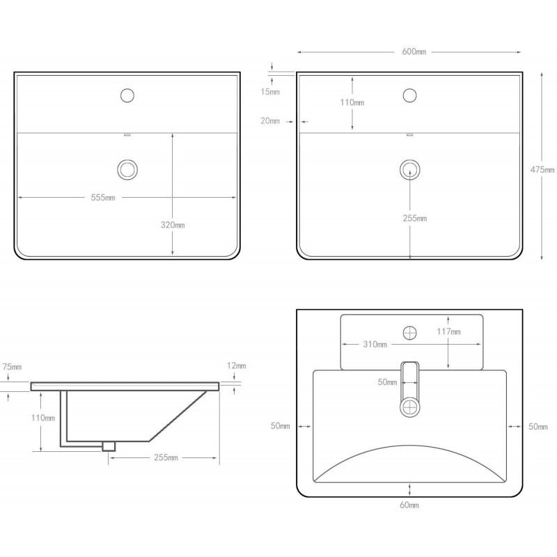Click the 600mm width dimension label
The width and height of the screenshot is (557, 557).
point(414,52)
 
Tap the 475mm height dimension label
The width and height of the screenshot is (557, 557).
point(542,170)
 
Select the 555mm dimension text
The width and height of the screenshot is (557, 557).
point(103,198)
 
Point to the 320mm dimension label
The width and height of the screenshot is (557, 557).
point(173,225)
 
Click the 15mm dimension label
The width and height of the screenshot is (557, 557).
point(270,92)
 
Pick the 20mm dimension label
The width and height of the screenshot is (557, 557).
point(270,121)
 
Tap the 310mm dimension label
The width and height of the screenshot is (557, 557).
point(375,344)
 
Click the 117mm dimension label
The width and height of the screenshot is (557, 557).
point(448,332)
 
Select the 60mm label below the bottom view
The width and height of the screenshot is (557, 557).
point(409,505)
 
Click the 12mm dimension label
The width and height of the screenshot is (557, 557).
point(237,366)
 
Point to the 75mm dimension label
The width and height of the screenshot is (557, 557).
point(12,367)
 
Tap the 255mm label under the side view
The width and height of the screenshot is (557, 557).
point(166,457)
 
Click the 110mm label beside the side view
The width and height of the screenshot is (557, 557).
point(43,418)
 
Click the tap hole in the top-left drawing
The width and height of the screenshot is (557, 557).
point(127,95)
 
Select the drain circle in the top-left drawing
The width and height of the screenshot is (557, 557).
point(127,169)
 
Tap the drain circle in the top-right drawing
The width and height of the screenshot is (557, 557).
point(410,169)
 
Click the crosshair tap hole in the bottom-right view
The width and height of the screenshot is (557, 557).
point(410,333)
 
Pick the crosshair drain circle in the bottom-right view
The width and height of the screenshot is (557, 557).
point(410,407)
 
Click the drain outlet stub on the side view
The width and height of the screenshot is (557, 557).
point(109,446)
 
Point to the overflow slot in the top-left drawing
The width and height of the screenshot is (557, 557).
point(127,135)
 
